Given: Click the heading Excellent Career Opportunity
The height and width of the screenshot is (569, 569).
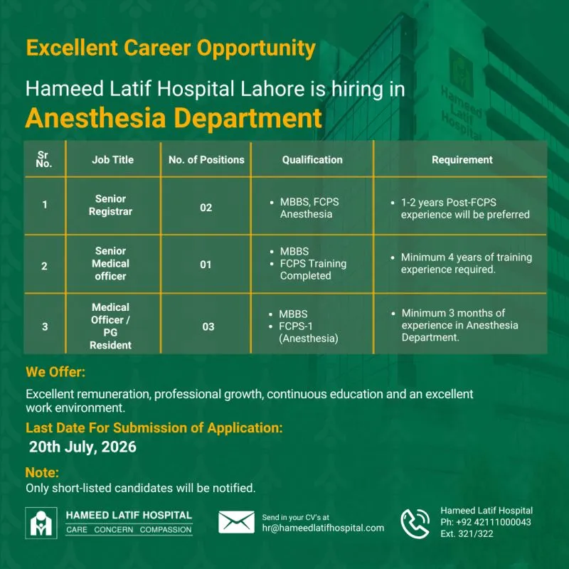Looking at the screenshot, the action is point(171,48).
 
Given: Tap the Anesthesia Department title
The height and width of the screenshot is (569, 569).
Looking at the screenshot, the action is point(174,118).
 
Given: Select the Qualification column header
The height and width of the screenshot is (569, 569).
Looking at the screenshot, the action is point(312,159).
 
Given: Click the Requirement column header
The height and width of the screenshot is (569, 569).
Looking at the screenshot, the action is point(462,159).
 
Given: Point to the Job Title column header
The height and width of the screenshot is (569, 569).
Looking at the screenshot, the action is point(112,159).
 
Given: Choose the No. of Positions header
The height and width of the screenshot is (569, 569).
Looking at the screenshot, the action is point(206,159).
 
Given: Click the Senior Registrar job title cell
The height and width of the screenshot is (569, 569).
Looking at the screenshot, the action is point(110,205).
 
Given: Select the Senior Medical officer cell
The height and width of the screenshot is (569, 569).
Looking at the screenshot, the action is point(110,263).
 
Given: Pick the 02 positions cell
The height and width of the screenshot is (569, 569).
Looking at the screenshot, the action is point(206,208).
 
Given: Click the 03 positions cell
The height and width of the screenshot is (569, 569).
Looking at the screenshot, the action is point(208,326).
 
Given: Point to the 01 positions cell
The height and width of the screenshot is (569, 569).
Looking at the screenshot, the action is point(206,265).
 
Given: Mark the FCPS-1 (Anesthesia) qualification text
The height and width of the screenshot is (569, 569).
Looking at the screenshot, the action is point(308,332).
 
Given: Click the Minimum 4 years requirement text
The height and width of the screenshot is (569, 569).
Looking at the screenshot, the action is point(466,263).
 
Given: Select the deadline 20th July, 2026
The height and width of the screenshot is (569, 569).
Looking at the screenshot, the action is point(83,447).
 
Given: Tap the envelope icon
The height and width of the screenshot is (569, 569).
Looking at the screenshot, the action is point(236,522).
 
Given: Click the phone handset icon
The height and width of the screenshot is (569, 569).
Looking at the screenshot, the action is point(415,523).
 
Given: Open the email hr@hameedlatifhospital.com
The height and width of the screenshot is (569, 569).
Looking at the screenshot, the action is point(323,528).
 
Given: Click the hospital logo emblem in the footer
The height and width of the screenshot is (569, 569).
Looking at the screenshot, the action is point(41,523).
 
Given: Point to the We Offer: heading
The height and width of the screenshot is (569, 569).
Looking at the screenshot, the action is point(55,372).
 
